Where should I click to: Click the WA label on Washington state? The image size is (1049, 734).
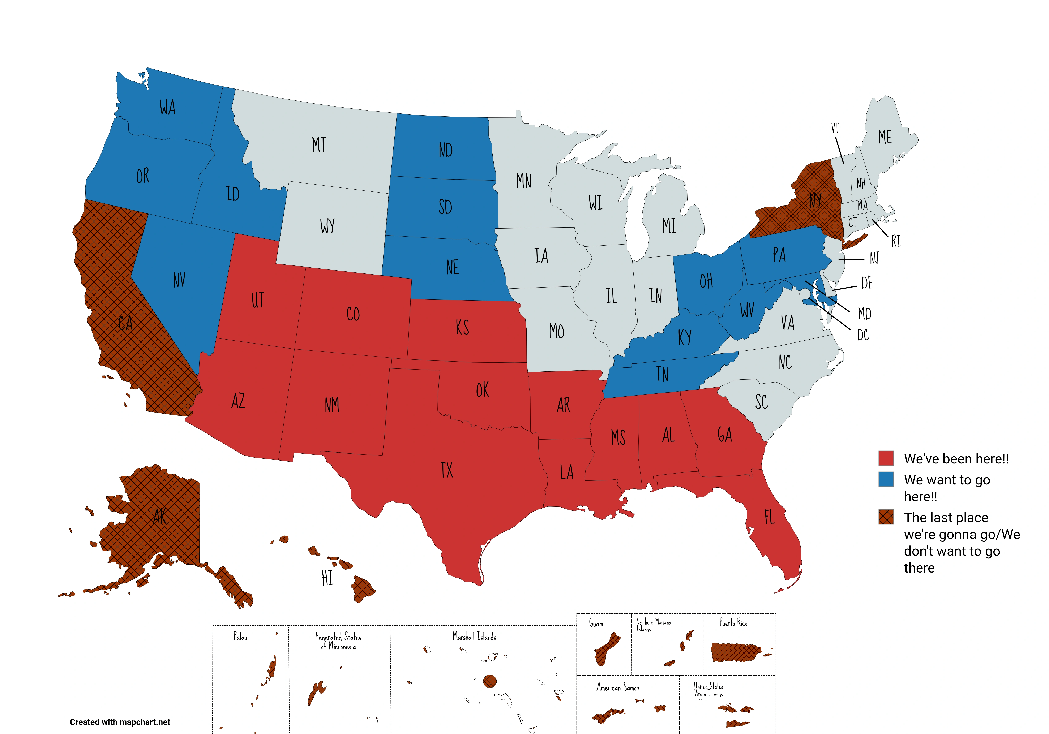pyautogui.click(x=167, y=107)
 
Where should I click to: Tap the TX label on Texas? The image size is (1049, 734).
pyautogui.click(x=447, y=470)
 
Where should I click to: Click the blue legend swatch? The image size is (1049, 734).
pyautogui.click(x=886, y=479)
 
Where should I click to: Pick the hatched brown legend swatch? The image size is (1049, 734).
pyautogui.click(x=886, y=517)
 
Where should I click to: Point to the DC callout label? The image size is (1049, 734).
pyautogui.click(x=862, y=335)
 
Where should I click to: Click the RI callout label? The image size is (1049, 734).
pyautogui.click(x=896, y=241)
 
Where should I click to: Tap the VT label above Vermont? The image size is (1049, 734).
pyautogui.click(x=835, y=128)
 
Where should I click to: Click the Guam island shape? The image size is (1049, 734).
pyautogui.click(x=607, y=649)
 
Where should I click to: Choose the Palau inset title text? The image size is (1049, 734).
pyautogui.click(x=240, y=636)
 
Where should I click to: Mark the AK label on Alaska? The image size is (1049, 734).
pyautogui.click(x=159, y=517)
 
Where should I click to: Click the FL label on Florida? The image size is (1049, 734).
pyautogui.click(x=769, y=517)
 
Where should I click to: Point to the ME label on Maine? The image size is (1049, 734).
pyautogui.click(x=885, y=137)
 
